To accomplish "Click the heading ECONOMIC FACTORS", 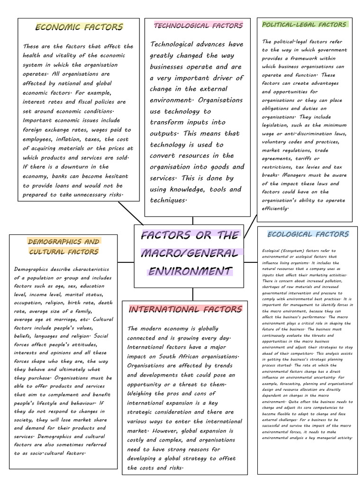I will click(x=79, y=27).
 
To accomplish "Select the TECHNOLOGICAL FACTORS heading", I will click(x=198, y=26).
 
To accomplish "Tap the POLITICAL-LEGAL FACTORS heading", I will click(x=305, y=24).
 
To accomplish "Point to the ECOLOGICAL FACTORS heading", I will click(x=308, y=234).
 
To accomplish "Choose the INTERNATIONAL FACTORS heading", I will click(x=185, y=309).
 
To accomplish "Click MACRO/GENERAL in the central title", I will click(x=189, y=253).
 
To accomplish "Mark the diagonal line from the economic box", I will click(x=130, y=213).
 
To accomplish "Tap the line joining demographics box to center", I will click(x=126, y=261).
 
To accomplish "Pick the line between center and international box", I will click(x=192, y=294).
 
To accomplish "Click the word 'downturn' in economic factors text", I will click(x=75, y=167).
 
